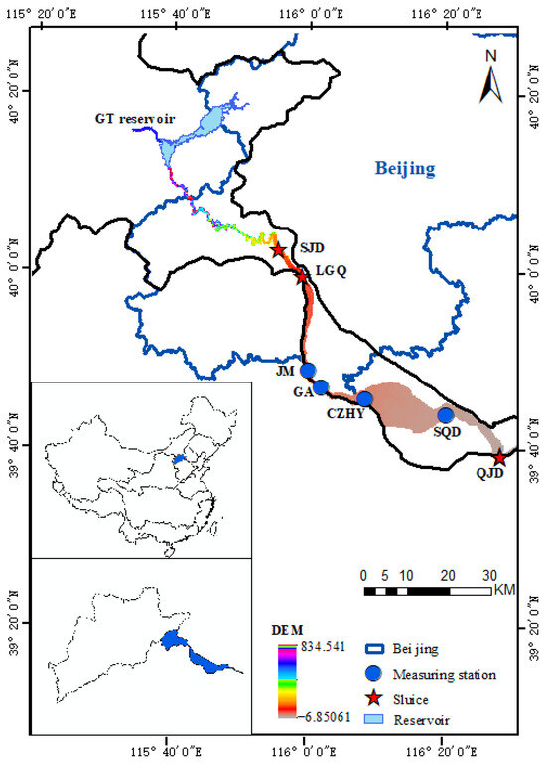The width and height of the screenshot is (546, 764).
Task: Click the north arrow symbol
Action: (x=489, y=77)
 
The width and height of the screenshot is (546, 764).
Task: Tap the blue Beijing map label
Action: (x=405, y=168)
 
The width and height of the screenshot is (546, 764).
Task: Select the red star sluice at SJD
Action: (x=279, y=250)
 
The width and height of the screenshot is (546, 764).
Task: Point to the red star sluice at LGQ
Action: (x=302, y=275)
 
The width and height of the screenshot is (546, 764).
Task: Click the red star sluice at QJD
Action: (x=499, y=458)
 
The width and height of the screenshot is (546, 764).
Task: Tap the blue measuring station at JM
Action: (x=308, y=370)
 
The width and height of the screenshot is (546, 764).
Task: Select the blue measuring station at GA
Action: (x=321, y=386)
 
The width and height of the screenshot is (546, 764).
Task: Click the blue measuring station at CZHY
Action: (x=365, y=399)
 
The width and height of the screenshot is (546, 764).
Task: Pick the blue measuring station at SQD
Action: (x=446, y=414)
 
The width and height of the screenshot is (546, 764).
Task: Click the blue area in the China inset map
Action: (x=179, y=459)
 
